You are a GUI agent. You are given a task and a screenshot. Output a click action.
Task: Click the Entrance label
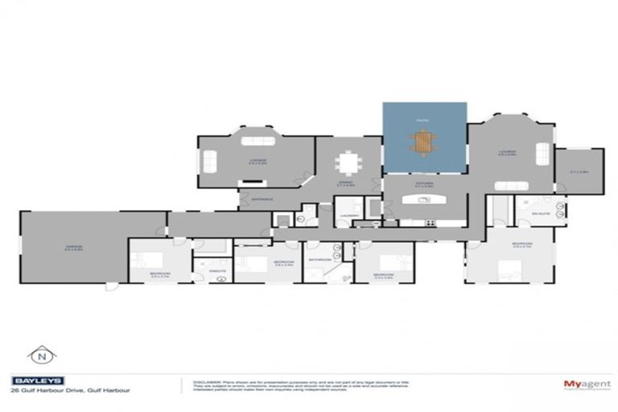262,199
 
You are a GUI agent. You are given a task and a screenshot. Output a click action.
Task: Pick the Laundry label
349,216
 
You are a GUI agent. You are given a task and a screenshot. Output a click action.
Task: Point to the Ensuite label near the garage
216,270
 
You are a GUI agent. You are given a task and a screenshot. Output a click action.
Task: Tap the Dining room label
345,183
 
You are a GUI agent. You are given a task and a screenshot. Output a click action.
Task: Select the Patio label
424,121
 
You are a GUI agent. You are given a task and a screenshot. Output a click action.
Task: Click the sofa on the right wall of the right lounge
543,153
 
